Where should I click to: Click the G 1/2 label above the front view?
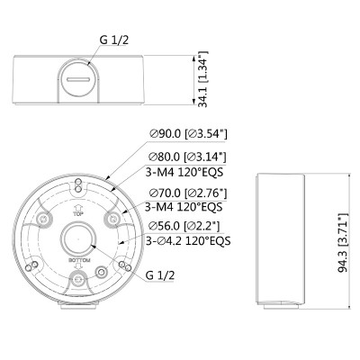click(x=114, y=40)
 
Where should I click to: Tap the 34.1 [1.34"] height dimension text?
click(x=203, y=79)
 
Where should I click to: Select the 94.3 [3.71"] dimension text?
click(x=343, y=243)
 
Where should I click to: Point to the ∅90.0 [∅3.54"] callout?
click(x=189, y=133)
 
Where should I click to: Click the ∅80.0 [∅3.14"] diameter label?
click(x=188, y=157)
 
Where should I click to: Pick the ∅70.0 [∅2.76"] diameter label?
click(x=188, y=193)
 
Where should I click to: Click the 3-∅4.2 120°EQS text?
click(x=188, y=240)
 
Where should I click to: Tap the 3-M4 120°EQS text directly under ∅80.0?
click(x=184, y=172)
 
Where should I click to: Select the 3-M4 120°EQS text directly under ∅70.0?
click(x=184, y=207)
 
